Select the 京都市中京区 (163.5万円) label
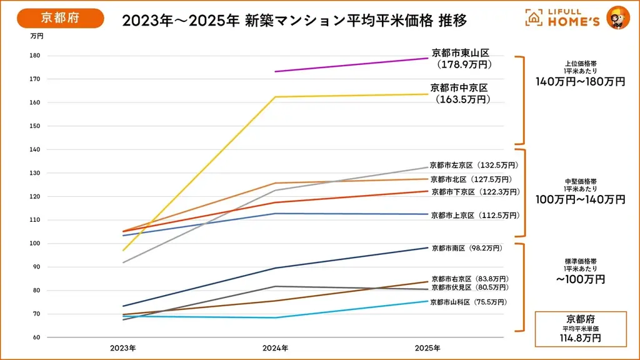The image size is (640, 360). [459, 93]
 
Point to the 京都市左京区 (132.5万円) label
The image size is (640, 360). [474, 166]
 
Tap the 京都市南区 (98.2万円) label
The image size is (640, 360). [467, 248]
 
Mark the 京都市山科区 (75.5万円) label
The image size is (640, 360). [468, 302]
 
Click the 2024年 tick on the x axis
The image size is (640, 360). [275, 347]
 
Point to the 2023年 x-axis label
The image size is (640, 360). [123, 347]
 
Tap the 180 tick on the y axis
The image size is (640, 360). [35, 56]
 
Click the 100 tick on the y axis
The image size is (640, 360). [35, 243]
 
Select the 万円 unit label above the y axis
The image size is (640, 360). [37, 36]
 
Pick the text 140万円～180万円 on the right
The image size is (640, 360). [580, 82]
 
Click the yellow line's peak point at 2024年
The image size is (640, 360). [276, 97]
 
